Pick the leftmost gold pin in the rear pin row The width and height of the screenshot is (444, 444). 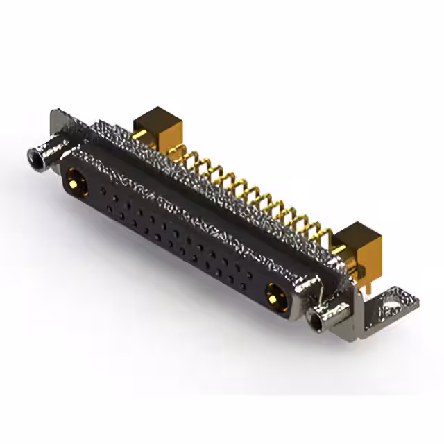[189, 161]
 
